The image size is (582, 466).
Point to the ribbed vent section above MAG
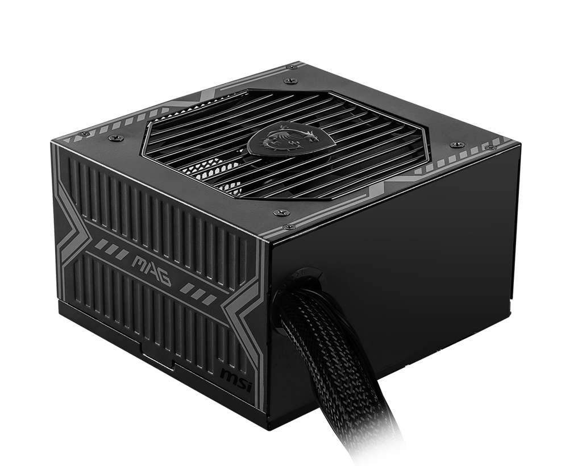[153, 199]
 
